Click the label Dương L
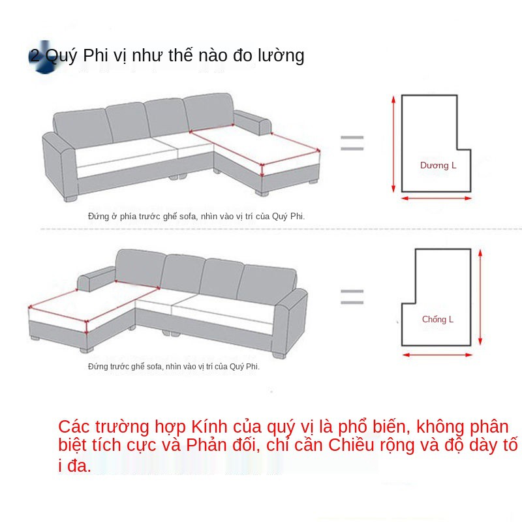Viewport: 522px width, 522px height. (x=438, y=165)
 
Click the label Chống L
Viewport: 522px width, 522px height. (x=438, y=319)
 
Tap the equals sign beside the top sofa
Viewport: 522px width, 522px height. (x=352, y=143)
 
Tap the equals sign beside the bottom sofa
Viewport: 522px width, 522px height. (x=352, y=297)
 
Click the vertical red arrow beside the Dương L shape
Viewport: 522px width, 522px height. (x=393, y=144)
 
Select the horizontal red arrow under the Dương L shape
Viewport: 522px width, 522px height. (x=437, y=198)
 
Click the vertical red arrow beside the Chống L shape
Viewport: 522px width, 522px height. (x=480, y=298)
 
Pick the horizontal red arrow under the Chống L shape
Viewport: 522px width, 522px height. (x=437, y=355)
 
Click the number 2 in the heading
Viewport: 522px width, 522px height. (x=35, y=55)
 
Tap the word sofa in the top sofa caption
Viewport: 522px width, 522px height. (x=188, y=217)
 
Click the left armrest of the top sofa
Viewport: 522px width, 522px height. (x=60, y=166)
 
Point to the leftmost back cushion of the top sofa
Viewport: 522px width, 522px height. (x=82, y=128)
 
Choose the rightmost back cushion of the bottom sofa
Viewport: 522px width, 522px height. (x=267, y=284)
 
